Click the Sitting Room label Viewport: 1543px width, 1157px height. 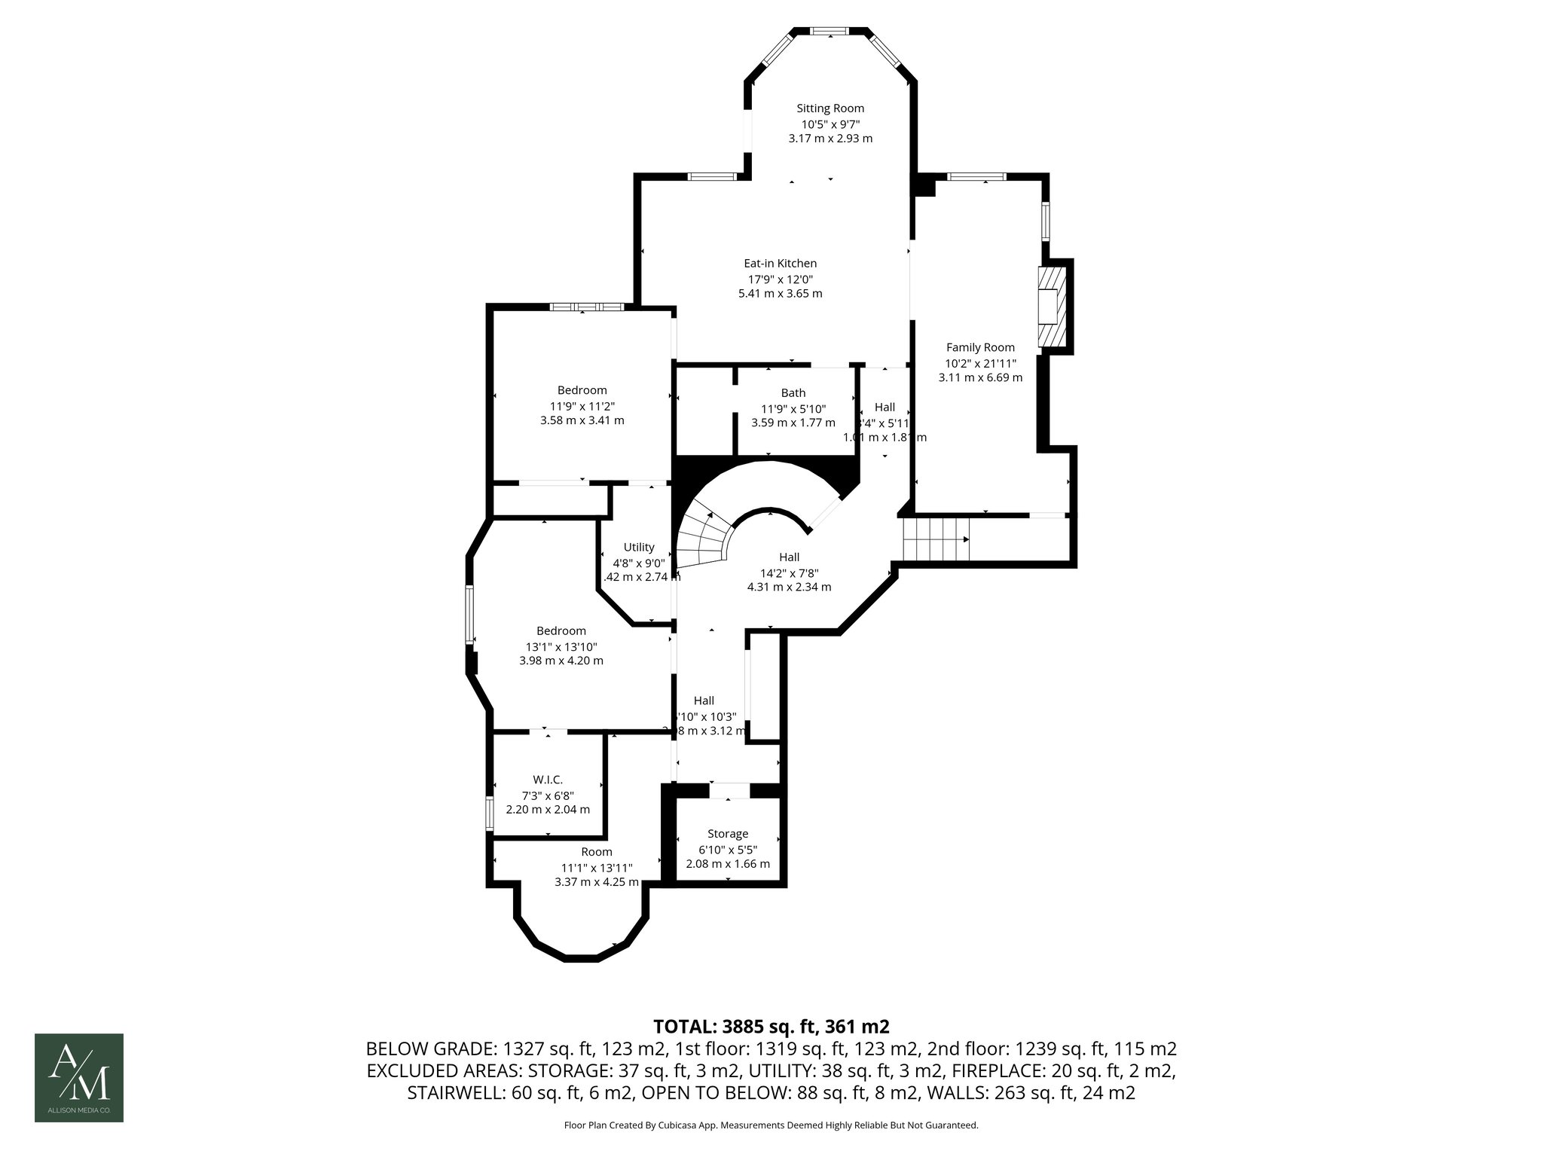click(x=830, y=108)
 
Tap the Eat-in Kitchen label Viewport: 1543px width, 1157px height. click(x=780, y=264)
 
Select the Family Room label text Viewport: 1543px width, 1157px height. click(x=980, y=347)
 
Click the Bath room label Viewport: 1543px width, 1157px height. click(x=793, y=392)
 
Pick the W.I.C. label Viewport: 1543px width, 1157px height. click(x=548, y=780)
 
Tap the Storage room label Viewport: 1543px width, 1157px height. click(x=727, y=834)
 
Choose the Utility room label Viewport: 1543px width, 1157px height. click(x=639, y=547)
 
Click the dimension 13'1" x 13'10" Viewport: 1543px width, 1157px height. click(x=561, y=646)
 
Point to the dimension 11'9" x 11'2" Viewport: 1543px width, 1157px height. click(x=582, y=405)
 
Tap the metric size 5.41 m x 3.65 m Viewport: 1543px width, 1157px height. click(x=780, y=293)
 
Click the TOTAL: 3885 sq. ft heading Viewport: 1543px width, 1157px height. click(x=771, y=1026)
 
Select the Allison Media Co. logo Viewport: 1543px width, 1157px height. click(x=79, y=1077)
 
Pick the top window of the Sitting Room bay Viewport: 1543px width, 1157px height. click(x=830, y=31)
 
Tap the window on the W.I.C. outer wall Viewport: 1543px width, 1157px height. click(x=489, y=814)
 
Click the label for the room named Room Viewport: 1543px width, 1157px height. click(x=596, y=852)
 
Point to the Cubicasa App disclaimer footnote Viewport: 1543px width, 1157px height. click(x=771, y=1125)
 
